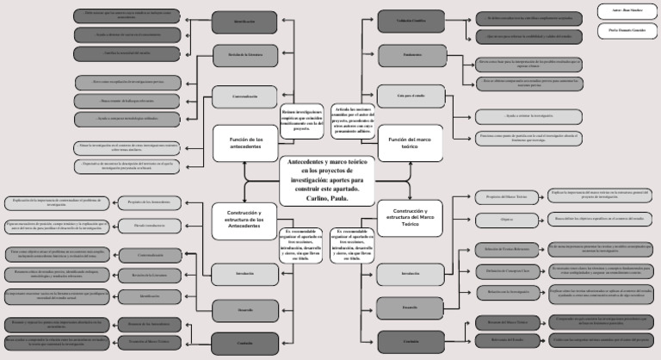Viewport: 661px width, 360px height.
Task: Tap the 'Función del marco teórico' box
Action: [409, 143]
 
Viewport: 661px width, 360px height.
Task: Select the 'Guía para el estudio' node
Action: [410, 96]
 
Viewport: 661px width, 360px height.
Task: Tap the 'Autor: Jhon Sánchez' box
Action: [626, 11]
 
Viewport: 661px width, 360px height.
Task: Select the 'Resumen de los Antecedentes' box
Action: [145, 324]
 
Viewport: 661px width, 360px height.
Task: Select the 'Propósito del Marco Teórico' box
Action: [506, 197]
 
